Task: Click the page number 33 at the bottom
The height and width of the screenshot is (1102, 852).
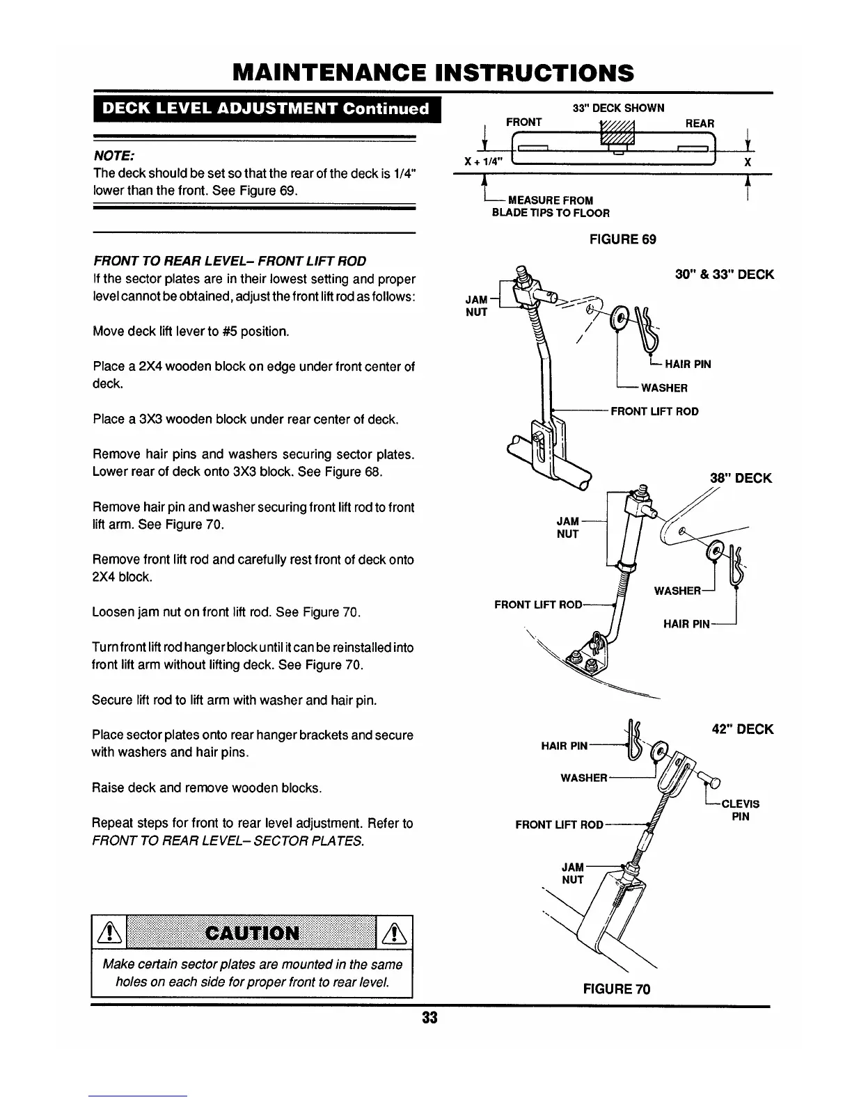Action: pos(429,1018)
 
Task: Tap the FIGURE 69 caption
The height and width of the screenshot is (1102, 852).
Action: pos(622,239)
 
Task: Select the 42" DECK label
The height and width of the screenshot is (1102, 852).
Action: pos(743,729)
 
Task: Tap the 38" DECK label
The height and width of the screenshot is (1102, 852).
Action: pos(741,478)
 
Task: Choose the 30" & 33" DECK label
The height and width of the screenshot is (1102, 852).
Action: pos(724,275)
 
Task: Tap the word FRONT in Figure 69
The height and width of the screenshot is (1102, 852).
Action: pos(523,122)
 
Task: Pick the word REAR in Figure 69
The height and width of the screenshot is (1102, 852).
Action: pos(700,124)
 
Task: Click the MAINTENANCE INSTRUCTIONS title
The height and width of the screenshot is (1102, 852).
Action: pos(434,72)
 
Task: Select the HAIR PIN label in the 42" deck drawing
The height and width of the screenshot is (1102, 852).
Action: pos(565,746)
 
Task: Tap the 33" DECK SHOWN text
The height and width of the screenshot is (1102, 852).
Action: pos(618,108)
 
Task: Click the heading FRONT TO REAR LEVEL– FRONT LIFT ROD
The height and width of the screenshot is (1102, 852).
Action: pos(230,262)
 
